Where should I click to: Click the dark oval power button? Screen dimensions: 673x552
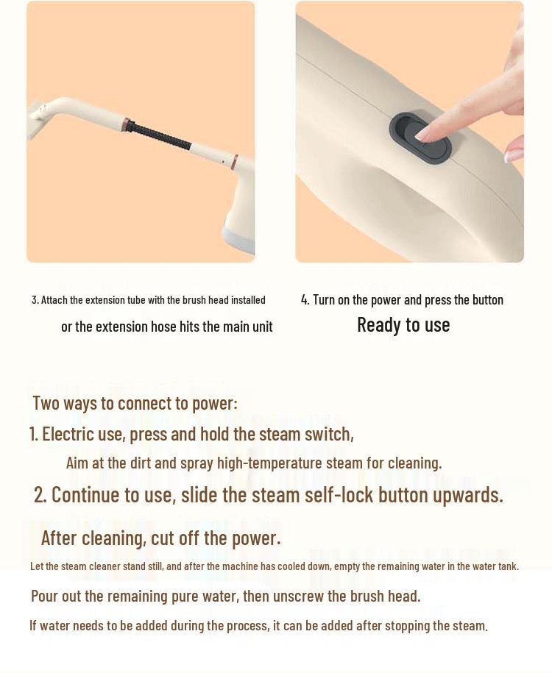tap(419, 138)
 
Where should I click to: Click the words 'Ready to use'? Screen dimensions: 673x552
tap(403, 325)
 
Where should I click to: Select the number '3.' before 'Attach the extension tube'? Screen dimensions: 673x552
tap(35, 300)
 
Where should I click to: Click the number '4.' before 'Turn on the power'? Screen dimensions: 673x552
tap(305, 300)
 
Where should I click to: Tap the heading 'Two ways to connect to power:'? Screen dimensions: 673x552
tap(135, 403)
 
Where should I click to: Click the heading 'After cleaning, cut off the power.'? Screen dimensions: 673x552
tap(160, 538)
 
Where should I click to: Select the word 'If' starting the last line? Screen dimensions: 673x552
tap(33, 626)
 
